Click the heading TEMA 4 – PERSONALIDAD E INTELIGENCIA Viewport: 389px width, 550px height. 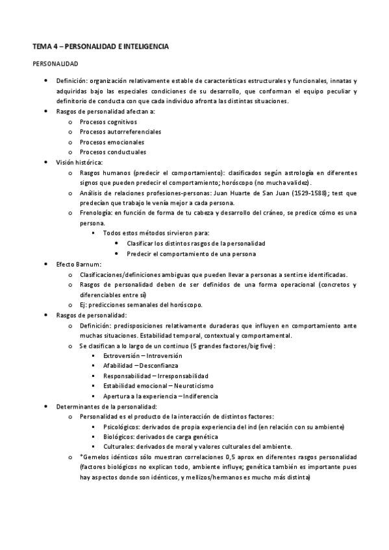[101, 47]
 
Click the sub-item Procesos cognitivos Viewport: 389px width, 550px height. [108, 121]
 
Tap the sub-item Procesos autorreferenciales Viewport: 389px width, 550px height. [120, 132]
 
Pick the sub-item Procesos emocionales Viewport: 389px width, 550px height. [112, 142]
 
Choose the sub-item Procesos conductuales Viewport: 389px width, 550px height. [112, 152]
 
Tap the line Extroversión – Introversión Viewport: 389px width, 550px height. [142, 355]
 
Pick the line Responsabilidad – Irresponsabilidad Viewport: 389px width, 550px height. [156, 376]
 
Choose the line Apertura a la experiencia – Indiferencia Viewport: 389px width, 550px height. [160, 396]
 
